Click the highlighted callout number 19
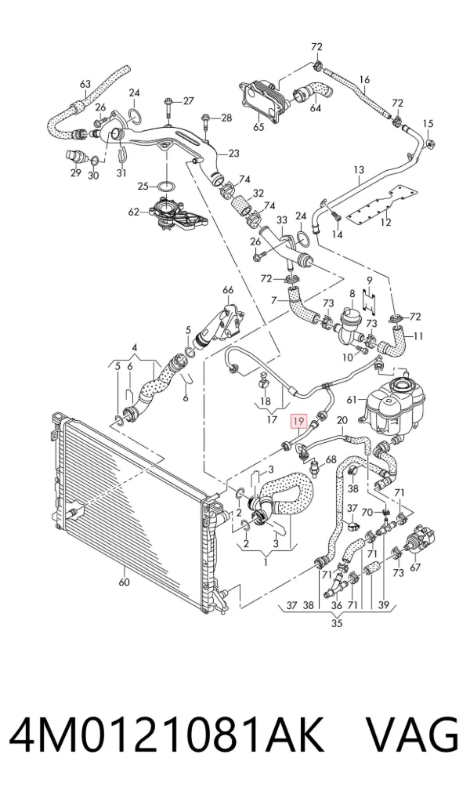(x=298, y=421)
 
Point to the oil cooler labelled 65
(x=262, y=99)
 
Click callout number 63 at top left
(x=85, y=84)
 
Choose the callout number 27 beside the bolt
(x=188, y=101)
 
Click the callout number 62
(x=133, y=212)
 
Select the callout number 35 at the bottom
(x=337, y=622)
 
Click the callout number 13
(x=359, y=169)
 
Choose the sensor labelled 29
(x=74, y=156)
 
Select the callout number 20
(x=342, y=420)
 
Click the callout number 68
(x=331, y=459)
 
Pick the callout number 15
(x=428, y=124)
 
